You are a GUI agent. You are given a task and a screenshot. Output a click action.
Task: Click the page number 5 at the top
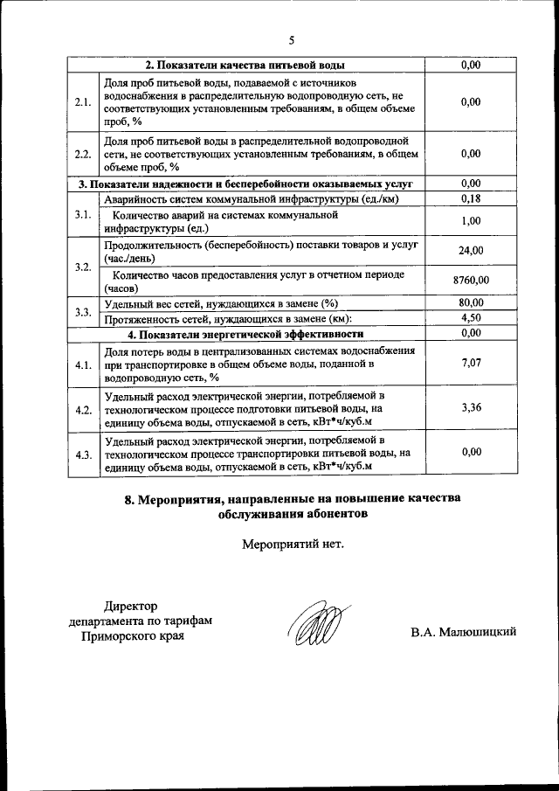tap(293, 39)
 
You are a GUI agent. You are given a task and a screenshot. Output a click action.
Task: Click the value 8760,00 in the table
tap(471, 280)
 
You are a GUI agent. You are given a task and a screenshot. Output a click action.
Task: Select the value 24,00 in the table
tap(471, 251)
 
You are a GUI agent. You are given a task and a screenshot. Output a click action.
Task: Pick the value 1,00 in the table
tap(471, 221)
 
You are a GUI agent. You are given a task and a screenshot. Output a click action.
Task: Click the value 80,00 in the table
tap(471, 302)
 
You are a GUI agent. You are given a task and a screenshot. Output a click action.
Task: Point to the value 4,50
tap(471, 317)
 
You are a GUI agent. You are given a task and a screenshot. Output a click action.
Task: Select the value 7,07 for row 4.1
tap(471, 362)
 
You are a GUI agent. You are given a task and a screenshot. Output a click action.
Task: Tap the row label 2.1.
tap(84, 102)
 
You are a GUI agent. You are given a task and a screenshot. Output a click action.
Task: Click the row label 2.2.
tap(84, 154)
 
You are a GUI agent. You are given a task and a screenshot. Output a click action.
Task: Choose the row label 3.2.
tap(84, 266)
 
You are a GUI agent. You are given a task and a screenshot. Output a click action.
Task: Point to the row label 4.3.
tap(84, 454)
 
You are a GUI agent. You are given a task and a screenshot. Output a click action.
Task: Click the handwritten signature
tap(313, 626)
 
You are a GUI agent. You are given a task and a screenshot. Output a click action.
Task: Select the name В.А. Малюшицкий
tap(464, 631)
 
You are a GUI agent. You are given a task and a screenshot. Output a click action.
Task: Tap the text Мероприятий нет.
tap(293, 545)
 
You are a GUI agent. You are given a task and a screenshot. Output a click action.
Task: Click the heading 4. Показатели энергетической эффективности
tap(245, 333)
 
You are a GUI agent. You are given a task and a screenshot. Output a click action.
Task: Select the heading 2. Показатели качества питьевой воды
tap(245, 65)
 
